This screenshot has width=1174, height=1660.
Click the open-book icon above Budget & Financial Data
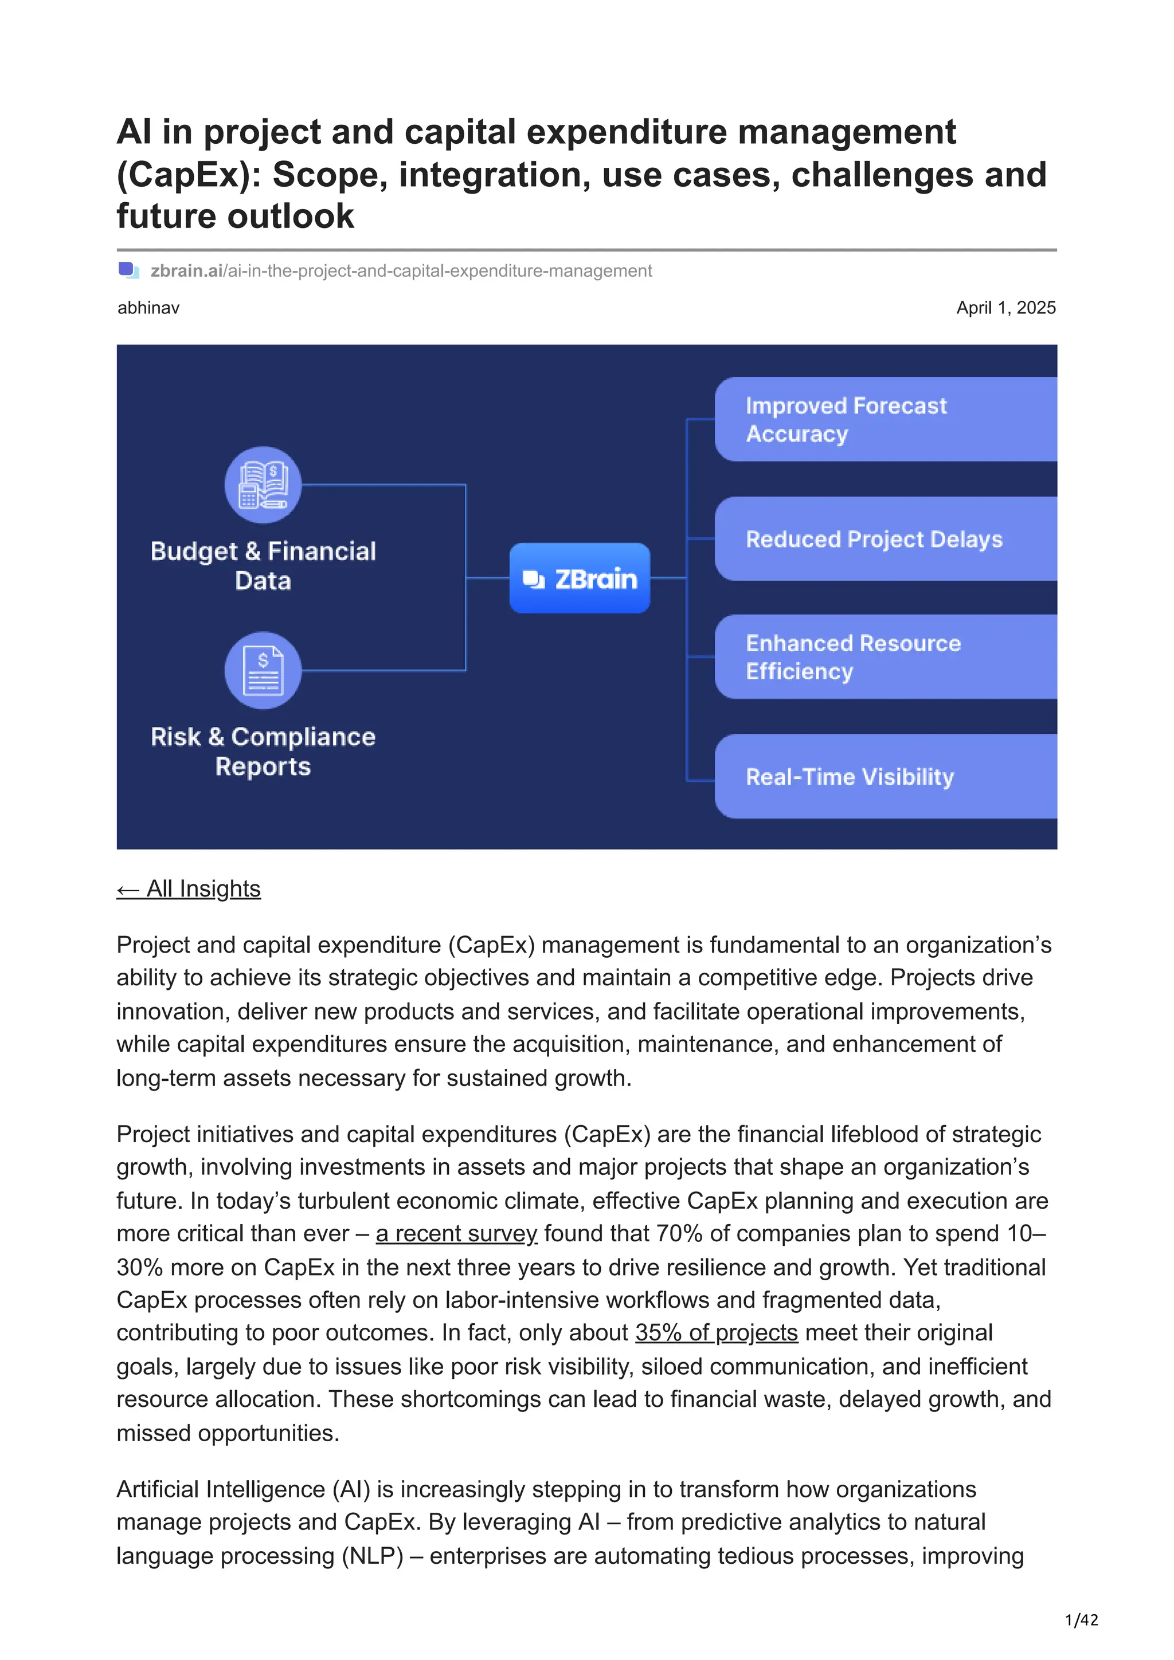point(263,485)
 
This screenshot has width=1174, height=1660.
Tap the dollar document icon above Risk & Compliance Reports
point(263,670)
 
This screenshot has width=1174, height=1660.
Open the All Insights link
point(189,888)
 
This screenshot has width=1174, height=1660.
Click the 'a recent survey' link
point(456,1233)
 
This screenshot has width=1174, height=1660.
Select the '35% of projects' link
point(716,1332)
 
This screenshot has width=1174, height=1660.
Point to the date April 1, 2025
point(1005,308)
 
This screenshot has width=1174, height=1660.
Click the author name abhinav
point(148,308)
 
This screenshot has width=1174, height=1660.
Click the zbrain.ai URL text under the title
point(401,271)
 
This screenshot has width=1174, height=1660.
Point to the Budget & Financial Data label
point(263,565)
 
